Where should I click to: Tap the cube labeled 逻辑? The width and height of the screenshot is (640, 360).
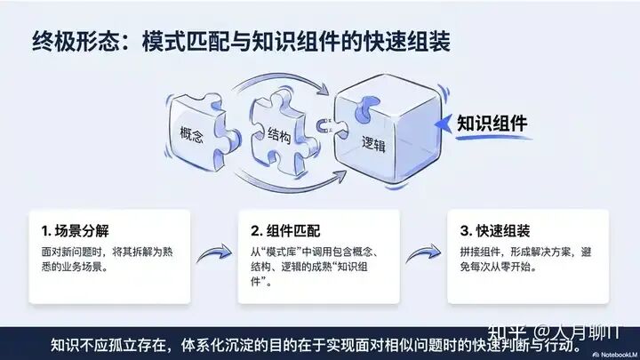click(377, 133)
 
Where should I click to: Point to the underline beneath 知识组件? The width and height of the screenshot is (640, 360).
click(494, 138)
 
